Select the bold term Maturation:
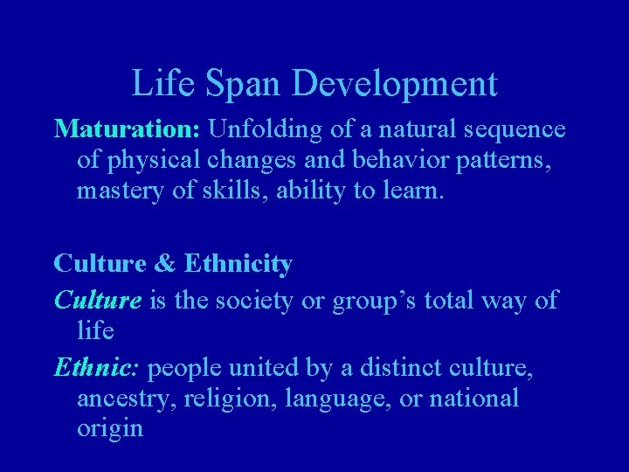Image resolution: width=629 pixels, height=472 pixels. click(x=128, y=130)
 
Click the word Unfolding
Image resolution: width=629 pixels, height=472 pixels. click(x=271, y=130)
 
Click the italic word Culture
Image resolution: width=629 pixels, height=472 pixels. click(x=96, y=302)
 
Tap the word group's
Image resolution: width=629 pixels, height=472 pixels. click(x=371, y=302)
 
